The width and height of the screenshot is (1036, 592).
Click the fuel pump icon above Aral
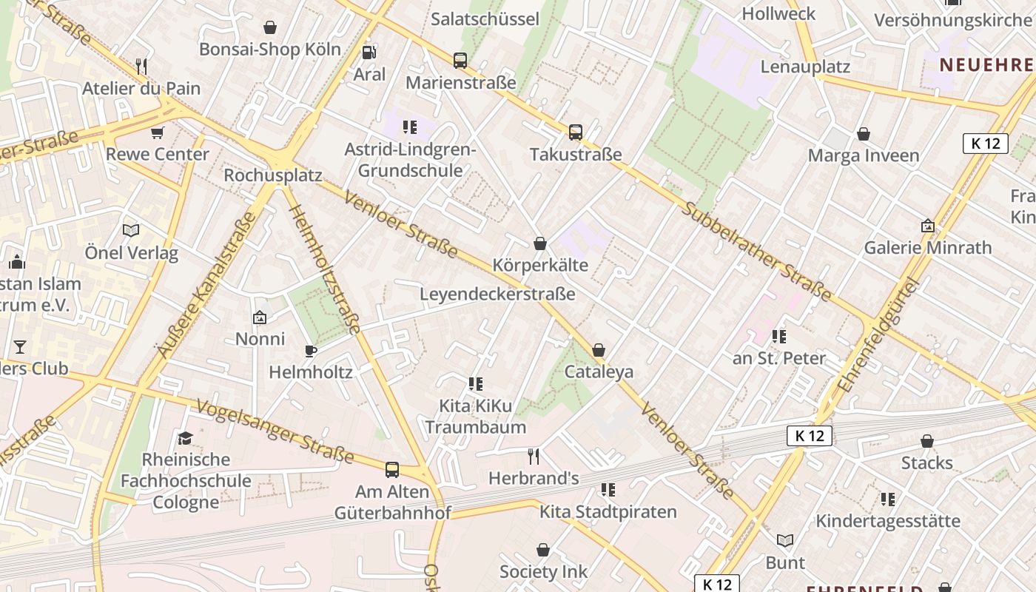[368, 52]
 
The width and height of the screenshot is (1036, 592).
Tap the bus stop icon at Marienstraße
[460, 61]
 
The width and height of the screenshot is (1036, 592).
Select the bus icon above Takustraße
[576, 132]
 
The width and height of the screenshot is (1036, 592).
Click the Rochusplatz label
[273, 175]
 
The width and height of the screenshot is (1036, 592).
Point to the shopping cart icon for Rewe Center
[157, 132]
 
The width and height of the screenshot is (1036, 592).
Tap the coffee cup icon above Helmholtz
[311, 351]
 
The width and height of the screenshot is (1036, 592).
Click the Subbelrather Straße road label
[756, 251]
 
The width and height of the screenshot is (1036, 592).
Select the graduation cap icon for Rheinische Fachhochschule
[185, 438]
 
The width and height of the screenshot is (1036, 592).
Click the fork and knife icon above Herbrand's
[533, 457]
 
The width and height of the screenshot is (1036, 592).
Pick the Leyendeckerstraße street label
[497, 294]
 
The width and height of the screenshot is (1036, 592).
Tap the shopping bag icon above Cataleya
[599, 350]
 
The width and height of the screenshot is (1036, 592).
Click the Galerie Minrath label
[928, 247]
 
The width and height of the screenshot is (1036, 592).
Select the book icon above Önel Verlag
[131, 231]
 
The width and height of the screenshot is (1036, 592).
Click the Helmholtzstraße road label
[325, 269]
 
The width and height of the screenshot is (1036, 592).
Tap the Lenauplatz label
[805, 67]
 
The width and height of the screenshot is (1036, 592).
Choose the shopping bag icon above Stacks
[926, 442]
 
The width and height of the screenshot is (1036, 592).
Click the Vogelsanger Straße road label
[275, 431]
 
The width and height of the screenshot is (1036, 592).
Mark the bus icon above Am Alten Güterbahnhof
[392, 470]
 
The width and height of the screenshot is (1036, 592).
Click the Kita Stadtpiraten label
[608, 511]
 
